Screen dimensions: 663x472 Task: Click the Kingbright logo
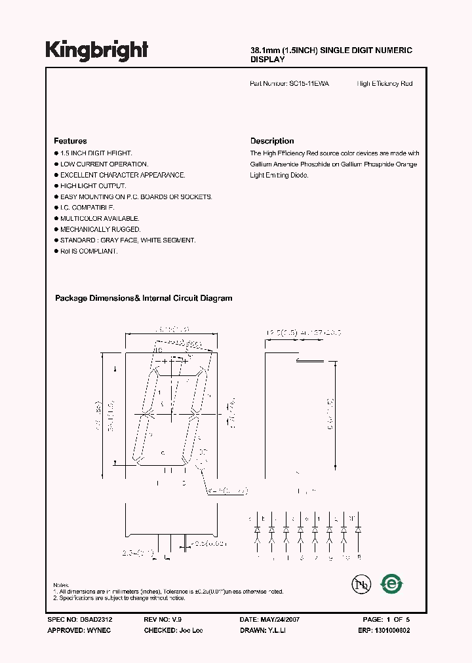point(97,50)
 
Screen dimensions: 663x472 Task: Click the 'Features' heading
point(70,141)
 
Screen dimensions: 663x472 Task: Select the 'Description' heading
point(272,141)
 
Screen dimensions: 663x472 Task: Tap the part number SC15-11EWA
point(309,84)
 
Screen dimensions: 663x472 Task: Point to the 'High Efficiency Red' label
point(385,84)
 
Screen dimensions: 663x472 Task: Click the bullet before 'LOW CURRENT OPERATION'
point(56,164)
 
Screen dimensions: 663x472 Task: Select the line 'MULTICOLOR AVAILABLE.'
point(100,218)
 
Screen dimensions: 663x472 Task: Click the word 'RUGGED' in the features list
point(128,229)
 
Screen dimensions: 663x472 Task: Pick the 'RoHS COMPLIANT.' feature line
point(88,251)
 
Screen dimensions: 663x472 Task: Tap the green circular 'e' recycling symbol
point(392,582)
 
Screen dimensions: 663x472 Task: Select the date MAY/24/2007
point(279,619)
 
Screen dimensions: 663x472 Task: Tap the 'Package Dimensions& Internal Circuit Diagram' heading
point(144,298)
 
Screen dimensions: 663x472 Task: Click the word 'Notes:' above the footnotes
point(61,584)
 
